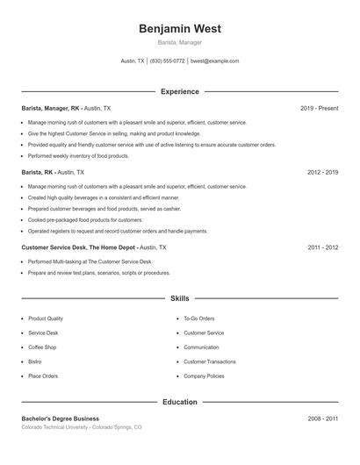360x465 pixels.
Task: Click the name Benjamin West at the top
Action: [179, 29]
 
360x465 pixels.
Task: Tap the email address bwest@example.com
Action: [214, 61]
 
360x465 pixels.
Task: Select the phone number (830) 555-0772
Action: [167, 61]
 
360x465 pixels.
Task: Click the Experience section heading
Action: [179, 91]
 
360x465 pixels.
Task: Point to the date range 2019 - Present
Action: [319, 108]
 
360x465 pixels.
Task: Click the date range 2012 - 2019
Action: [322, 173]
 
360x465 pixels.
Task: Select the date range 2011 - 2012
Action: [322, 247]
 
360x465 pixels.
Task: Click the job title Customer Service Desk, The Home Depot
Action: [79, 247]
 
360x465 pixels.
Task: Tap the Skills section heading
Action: [179, 298]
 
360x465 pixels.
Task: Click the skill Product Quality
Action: [46, 318]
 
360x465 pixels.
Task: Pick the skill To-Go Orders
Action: [199, 318]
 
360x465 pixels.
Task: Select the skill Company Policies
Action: [205, 376]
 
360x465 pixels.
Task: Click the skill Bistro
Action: [35, 361]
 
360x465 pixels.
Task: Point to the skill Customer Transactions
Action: [209, 361]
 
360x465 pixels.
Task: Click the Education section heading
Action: [179, 402]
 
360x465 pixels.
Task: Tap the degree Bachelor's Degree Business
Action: [61, 418]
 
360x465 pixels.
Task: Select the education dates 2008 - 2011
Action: [322, 418]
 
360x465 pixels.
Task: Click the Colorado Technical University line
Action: [81, 427]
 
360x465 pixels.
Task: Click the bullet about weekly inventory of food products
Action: [79, 156]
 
